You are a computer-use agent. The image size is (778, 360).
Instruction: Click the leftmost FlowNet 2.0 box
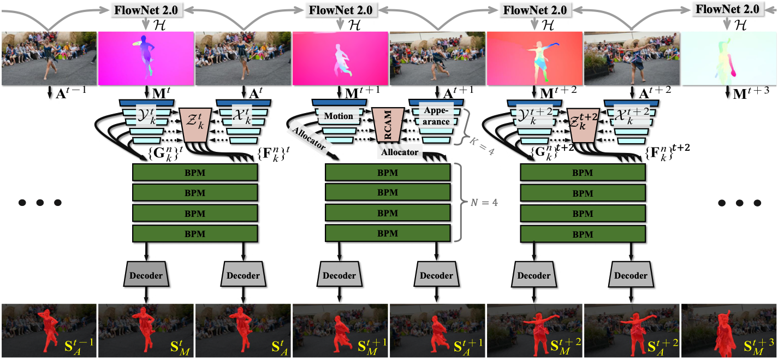tap(146, 10)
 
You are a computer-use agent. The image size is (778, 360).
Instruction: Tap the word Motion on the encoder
tap(338, 116)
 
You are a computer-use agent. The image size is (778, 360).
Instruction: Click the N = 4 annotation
tap(483, 203)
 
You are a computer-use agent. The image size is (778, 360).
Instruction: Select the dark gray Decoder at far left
tap(146, 275)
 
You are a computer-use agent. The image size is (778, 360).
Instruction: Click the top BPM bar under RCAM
tap(388, 172)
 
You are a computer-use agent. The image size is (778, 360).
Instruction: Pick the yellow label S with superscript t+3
tap(757, 346)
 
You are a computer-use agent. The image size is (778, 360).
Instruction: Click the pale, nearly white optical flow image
tap(729, 58)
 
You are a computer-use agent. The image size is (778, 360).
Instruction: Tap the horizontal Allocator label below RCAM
tap(400, 152)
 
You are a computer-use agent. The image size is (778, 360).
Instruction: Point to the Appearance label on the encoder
tap(435, 116)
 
